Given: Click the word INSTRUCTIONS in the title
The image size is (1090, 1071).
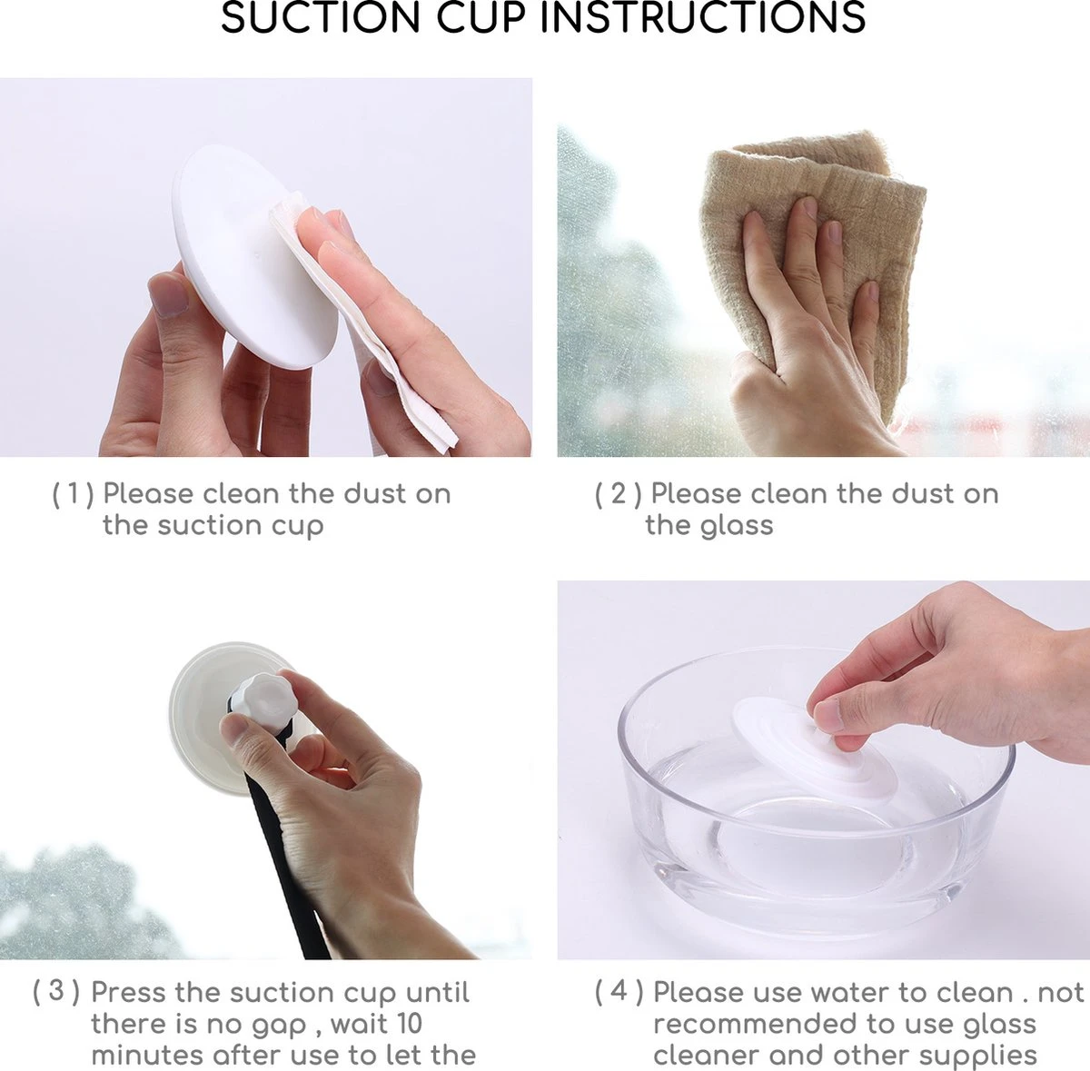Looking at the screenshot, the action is point(703,17).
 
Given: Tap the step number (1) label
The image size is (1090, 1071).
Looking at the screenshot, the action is point(73,494).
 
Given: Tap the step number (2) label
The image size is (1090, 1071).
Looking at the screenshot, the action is point(619,494).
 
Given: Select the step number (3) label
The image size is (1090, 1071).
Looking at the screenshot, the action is point(56,992).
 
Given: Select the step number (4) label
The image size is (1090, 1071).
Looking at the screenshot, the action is point(619,992).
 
